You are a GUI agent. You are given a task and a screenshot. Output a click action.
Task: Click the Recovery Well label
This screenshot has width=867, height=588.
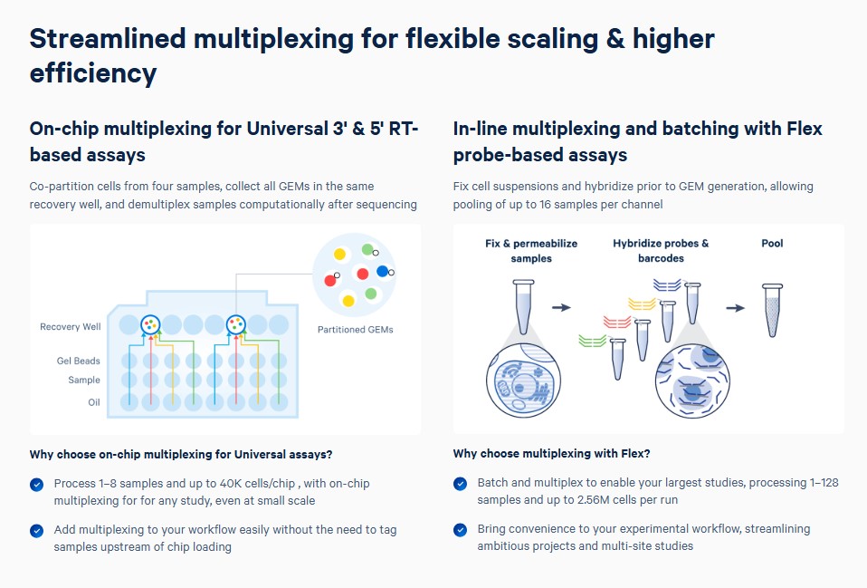(71, 327)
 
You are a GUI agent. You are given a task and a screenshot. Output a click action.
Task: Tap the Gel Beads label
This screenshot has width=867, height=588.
(79, 361)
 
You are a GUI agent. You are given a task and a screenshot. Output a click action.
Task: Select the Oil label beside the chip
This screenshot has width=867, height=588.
(94, 402)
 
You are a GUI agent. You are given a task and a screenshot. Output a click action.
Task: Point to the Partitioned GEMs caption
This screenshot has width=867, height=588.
(355, 330)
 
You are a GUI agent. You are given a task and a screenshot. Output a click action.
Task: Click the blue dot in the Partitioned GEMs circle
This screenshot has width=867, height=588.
(382, 271)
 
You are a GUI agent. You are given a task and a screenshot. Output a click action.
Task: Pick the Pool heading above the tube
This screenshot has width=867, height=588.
(772, 243)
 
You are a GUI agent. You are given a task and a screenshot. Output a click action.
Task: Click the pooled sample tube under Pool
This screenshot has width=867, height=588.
(773, 310)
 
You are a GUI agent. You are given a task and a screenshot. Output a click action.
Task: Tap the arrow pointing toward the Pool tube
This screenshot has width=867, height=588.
(736, 308)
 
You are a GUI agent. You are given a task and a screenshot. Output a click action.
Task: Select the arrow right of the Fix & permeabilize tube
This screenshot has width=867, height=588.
(561, 307)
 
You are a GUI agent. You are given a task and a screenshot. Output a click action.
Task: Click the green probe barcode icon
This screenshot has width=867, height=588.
(592, 341)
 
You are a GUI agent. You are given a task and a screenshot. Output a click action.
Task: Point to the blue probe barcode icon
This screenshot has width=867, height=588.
(667, 285)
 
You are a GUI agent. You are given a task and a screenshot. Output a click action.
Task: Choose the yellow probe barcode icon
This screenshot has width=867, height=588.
(642, 304)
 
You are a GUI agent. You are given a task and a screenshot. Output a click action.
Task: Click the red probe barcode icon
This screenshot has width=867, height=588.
(617, 322)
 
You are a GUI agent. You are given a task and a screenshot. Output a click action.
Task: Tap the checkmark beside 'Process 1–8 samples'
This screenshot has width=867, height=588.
(36, 485)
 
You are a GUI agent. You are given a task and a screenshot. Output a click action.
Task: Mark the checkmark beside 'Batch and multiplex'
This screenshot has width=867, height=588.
(460, 484)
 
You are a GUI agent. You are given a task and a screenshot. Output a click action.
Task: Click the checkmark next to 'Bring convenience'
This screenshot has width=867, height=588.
(460, 530)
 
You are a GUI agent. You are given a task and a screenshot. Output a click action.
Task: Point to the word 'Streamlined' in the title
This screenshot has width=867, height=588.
(108, 39)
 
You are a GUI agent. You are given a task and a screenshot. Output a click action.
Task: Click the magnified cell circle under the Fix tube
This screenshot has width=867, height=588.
(523, 380)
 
